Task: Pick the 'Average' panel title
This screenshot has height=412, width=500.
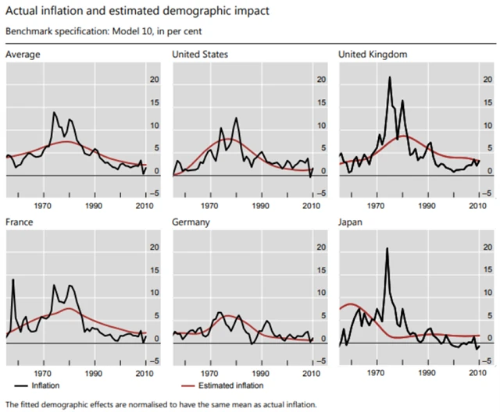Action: pos(23,54)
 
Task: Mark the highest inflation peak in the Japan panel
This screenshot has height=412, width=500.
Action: pos(387,249)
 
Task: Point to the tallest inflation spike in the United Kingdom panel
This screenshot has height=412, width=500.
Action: pos(389,77)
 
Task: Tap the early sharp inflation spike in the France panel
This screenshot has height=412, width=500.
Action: pos(12,279)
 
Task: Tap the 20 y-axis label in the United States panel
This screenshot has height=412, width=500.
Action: pos(311,80)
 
